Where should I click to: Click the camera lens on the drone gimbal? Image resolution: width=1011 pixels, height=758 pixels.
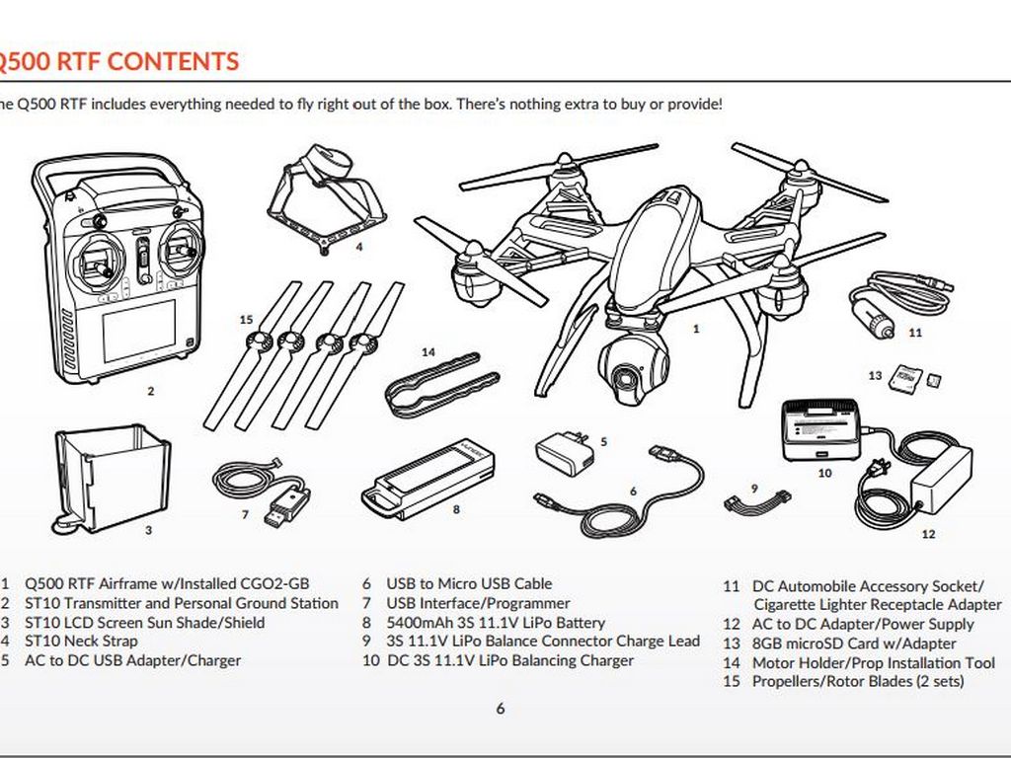click(x=626, y=378)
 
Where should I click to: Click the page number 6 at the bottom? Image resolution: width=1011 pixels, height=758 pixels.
click(x=500, y=708)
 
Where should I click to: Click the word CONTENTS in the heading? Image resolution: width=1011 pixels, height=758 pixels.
click(x=173, y=61)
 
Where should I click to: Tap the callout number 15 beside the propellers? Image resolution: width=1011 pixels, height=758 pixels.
click(x=246, y=319)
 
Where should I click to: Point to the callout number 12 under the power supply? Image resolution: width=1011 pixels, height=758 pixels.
click(x=927, y=534)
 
